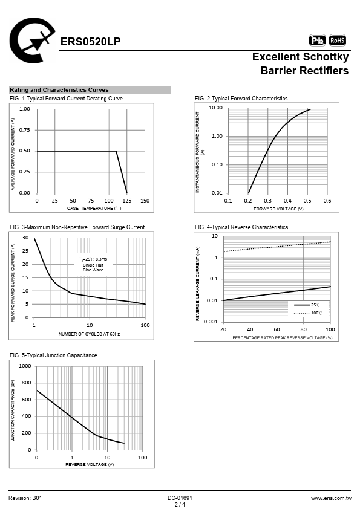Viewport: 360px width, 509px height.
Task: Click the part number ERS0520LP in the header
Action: click(90, 42)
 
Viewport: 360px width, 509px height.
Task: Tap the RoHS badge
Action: click(337, 41)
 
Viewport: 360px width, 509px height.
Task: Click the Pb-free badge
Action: click(317, 41)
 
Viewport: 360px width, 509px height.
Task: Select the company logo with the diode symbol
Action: click(32, 41)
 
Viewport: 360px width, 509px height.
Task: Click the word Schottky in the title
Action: click(324, 57)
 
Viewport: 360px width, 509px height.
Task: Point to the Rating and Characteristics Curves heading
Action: click(59, 90)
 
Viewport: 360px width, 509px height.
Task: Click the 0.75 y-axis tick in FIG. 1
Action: click(24, 130)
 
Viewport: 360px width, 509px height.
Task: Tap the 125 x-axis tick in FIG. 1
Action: click(126, 201)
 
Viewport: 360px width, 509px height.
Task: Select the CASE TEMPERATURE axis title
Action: click(94, 208)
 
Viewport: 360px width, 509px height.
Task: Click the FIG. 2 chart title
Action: click(241, 99)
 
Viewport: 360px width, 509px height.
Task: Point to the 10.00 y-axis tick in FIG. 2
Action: click(215, 108)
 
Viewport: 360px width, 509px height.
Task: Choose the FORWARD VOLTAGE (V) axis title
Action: click(278, 209)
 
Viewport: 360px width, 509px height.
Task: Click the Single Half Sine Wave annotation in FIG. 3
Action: click(93, 267)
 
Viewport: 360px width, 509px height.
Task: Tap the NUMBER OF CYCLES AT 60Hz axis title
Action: click(89, 334)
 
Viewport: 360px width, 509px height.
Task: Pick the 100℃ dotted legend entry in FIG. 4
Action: click(308, 313)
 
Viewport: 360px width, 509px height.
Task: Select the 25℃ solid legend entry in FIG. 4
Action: click(307, 305)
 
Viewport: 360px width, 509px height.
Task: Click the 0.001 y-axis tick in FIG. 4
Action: click(211, 322)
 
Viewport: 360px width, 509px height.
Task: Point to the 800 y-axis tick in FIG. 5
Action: click(26, 383)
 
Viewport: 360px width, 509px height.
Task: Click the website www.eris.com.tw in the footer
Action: click(331, 498)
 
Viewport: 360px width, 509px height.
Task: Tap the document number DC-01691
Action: click(180, 498)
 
